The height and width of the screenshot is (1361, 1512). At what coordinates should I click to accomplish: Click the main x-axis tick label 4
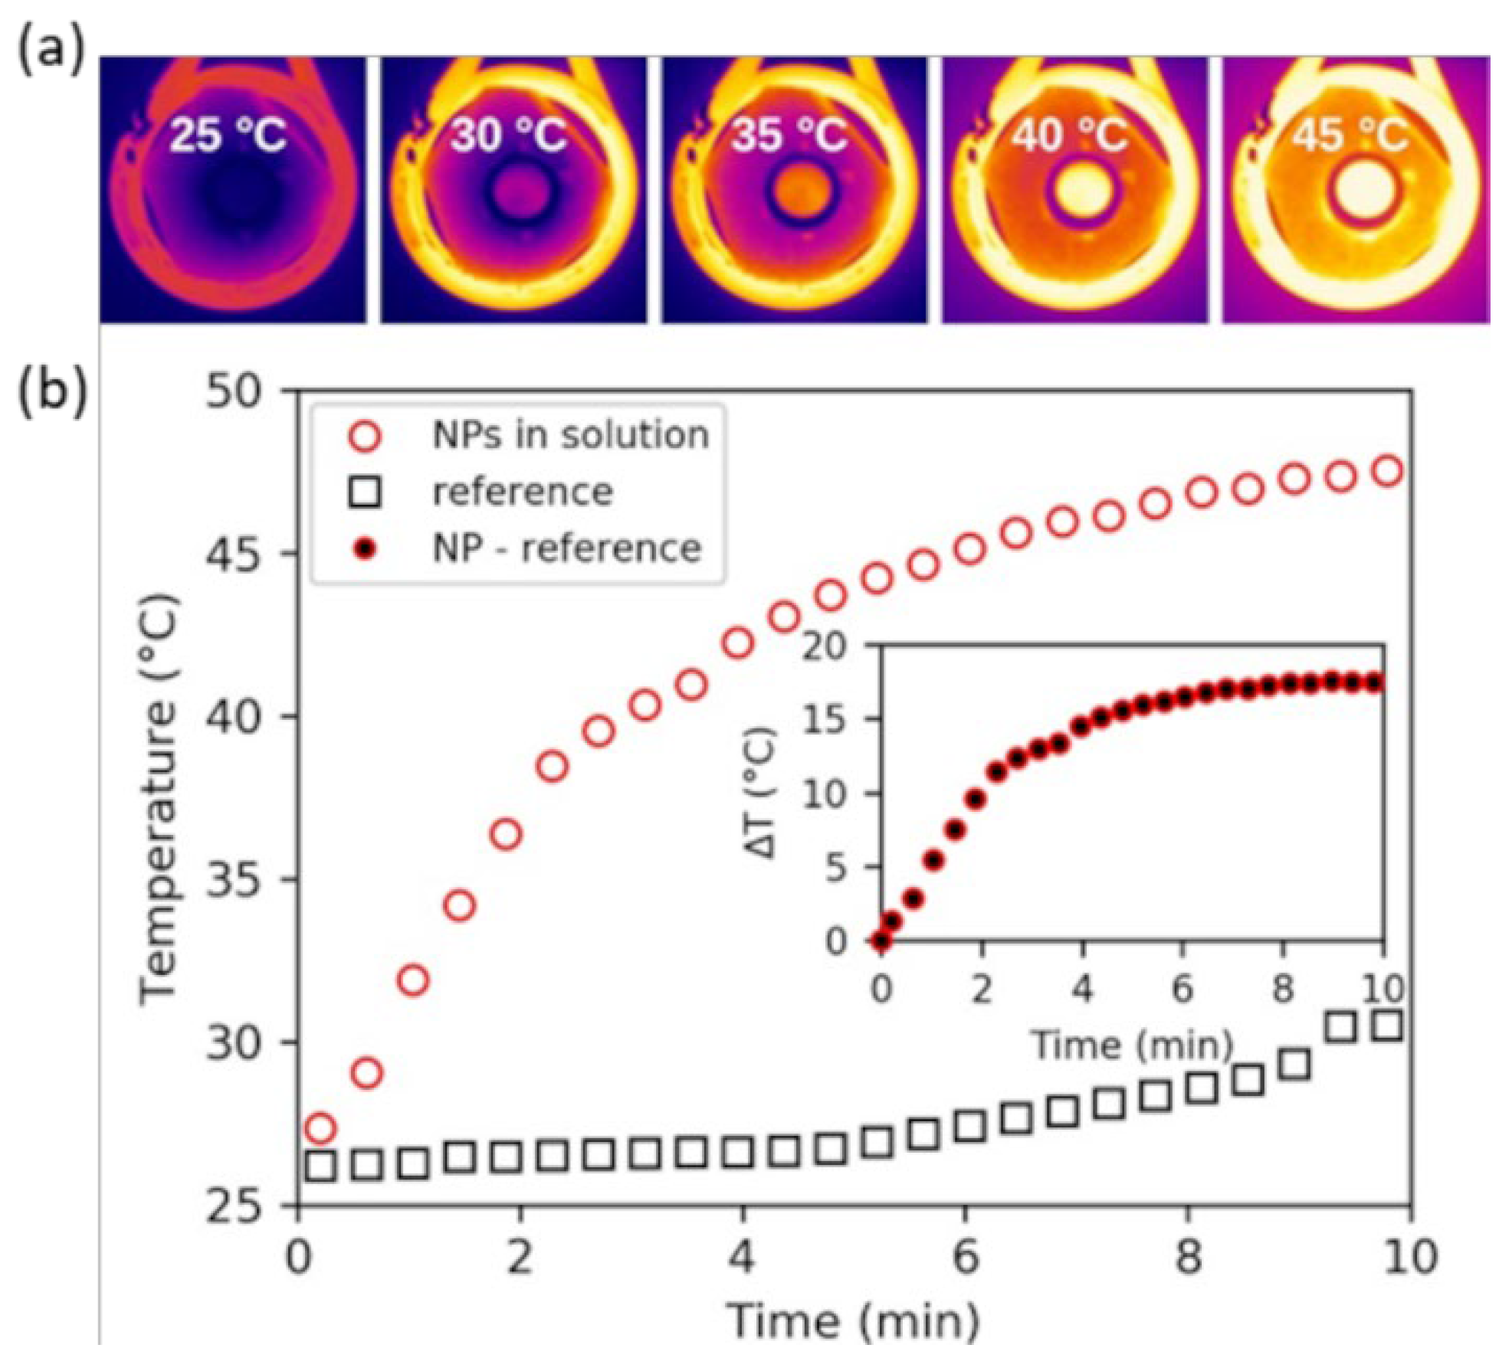pyautogui.click(x=741, y=1256)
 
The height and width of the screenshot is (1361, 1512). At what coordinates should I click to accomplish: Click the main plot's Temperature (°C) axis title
pyautogui.click(x=159, y=797)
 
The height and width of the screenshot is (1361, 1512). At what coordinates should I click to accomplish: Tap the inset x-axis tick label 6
pyautogui.click(x=1182, y=988)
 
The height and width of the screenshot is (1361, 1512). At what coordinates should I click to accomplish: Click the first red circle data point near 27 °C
pyautogui.click(x=320, y=1128)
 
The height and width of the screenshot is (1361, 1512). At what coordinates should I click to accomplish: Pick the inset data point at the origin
pyautogui.click(x=882, y=940)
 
